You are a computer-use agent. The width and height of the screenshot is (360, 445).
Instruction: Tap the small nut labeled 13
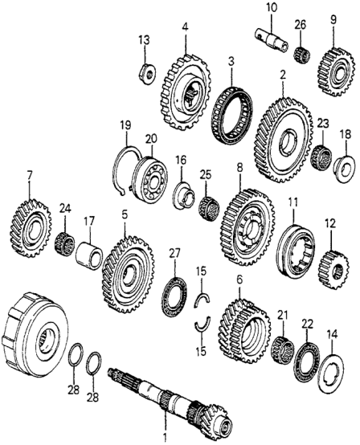point(148,75)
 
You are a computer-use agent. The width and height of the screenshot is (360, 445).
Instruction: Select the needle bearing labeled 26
point(302,55)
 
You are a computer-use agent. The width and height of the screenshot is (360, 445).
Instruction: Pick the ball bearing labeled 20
point(149,178)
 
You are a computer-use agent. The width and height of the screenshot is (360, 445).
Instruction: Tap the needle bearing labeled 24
point(64,244)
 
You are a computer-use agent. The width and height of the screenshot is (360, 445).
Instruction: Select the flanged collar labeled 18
point(344,168)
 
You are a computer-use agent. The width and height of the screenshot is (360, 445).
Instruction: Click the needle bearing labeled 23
point(321,157)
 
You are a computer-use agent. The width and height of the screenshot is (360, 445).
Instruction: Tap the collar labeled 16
point(184,195)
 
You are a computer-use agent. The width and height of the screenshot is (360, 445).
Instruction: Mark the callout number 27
point(175,254)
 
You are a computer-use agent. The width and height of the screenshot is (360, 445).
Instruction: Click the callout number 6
point(239,280)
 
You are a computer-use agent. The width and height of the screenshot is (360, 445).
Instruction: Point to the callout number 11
point(293,202)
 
